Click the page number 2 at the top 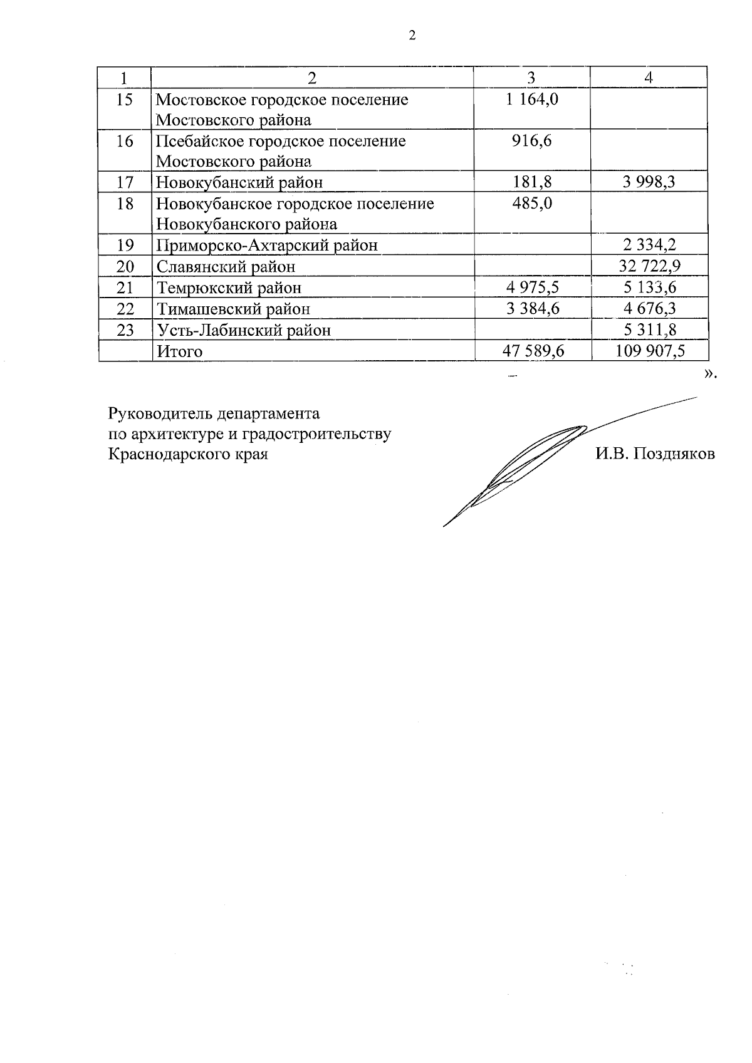(412, 36)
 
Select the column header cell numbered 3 (531, 78)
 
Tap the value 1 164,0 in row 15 (532, 99)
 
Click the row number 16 (125, 141)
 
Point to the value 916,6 (532, 140)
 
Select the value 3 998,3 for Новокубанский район (649, 182)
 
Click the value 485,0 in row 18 (532, 203)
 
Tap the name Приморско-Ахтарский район (267, 245)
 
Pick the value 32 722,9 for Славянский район (649, 266)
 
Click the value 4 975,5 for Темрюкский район (533, 288)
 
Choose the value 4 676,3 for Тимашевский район (649, 308)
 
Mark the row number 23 (125, 329)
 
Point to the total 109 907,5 (649, 351)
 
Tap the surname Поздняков (674, 454)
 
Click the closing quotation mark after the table (709, 373)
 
